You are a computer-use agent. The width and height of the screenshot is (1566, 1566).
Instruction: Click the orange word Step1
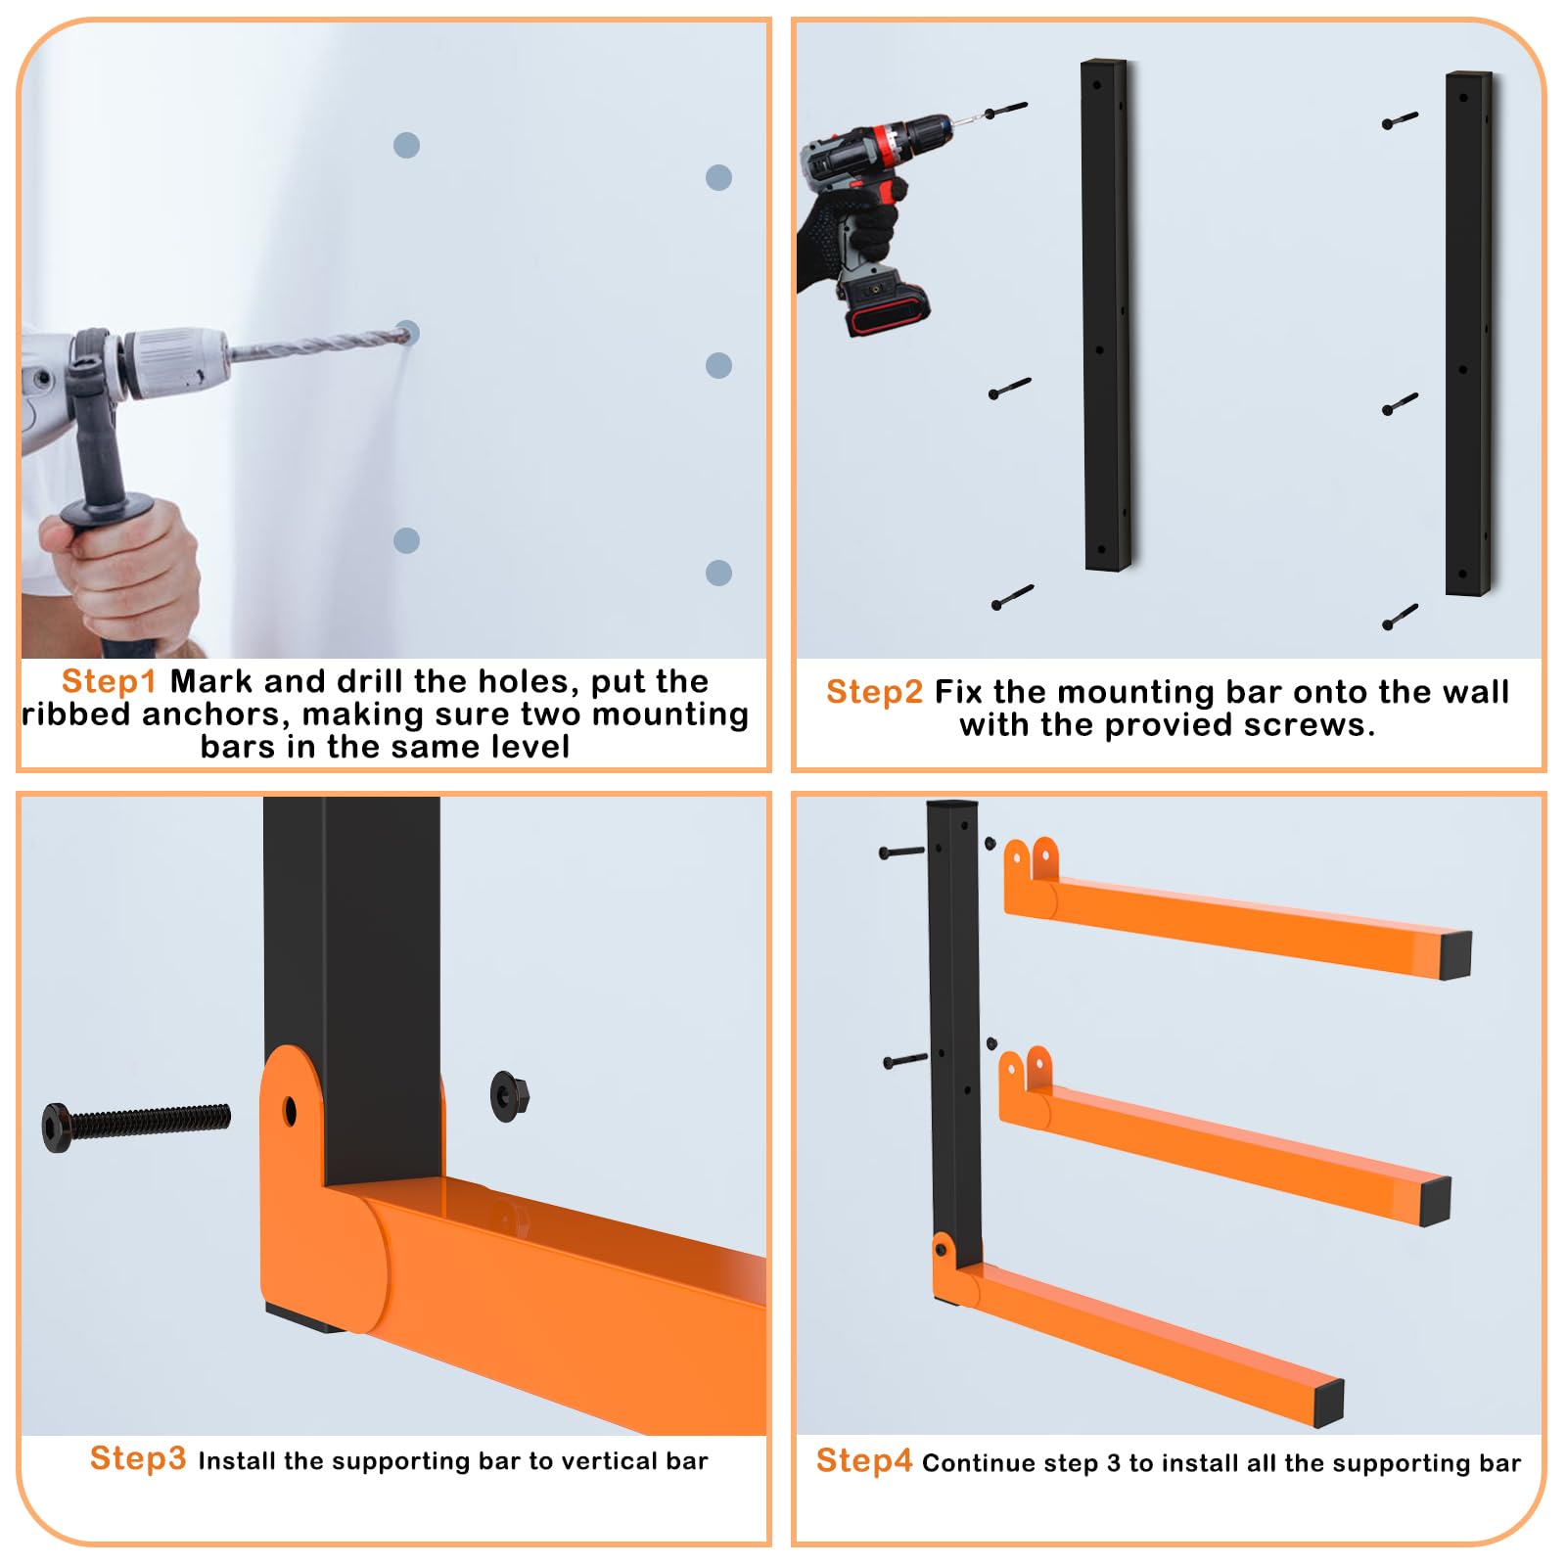point(109,681)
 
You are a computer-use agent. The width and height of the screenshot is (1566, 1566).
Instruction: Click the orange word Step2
point(874,692)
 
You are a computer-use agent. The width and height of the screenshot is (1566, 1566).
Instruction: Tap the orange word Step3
point(137,1458)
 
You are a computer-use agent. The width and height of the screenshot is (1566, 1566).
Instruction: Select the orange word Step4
point(863,1460)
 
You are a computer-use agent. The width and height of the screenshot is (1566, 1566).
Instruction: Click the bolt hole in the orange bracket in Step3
point(290,1111)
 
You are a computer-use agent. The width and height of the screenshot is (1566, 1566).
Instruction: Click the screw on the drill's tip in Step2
point(1004,111)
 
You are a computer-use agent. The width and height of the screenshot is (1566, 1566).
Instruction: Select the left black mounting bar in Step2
point(1106,315)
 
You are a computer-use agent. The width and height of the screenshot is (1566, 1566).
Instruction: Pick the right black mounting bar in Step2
point(1470,333)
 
